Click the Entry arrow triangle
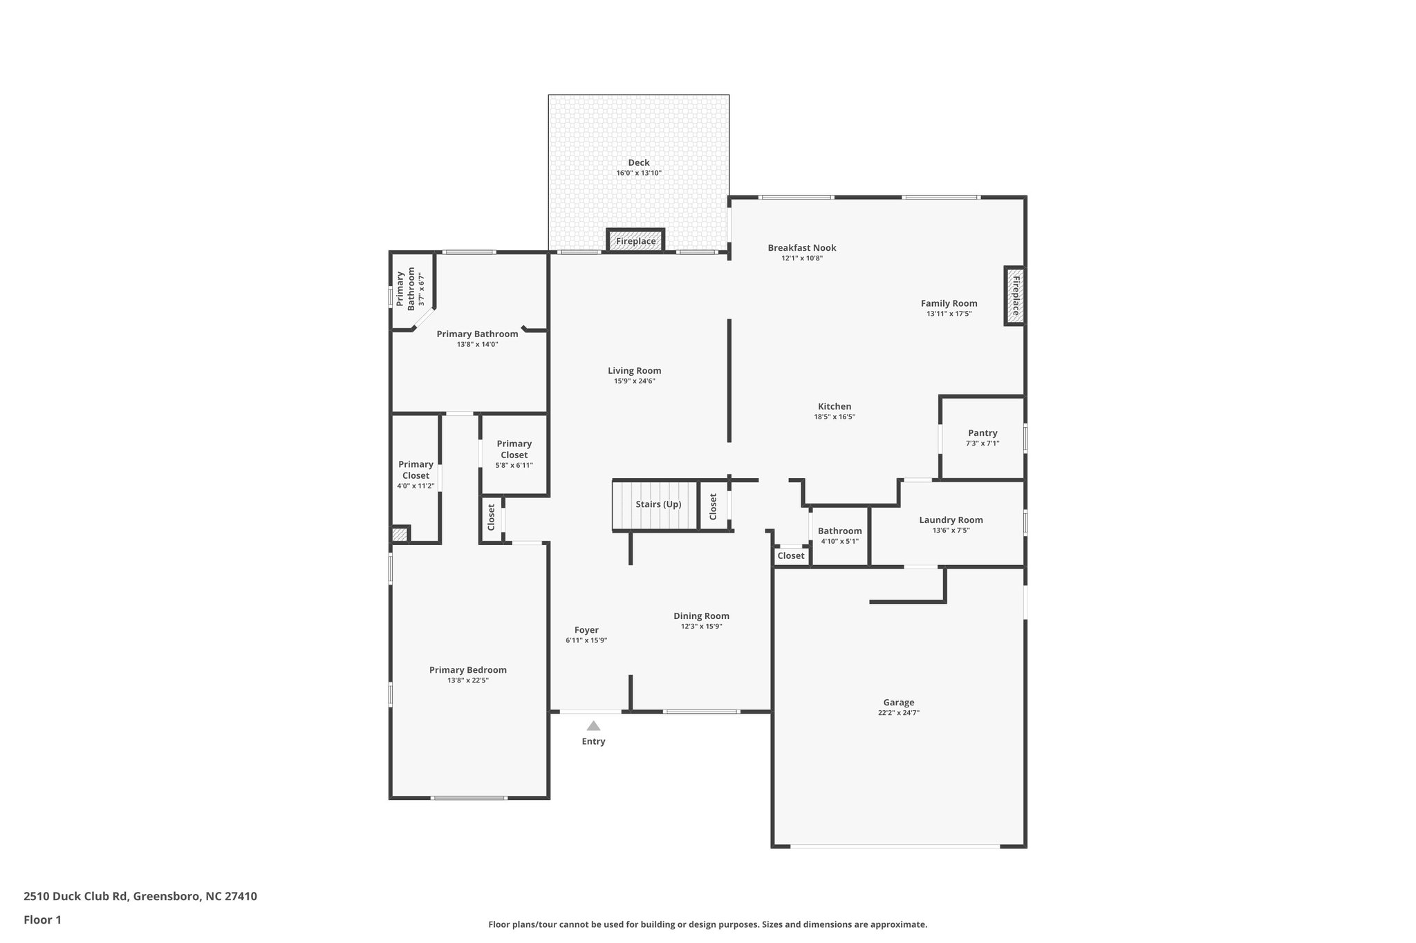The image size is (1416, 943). click(593, 725)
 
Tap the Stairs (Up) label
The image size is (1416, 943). click(658, 504)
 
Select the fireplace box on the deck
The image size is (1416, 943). click(635, 241)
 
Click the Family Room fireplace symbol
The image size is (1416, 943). click(1014, 296)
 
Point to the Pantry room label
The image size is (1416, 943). click(982, 433)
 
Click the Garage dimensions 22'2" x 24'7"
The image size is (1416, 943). click(898, 713)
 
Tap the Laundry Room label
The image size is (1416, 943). click(951, 520)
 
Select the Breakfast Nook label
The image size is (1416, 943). click(802, 248)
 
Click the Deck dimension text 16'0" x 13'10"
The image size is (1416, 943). click(638, 173)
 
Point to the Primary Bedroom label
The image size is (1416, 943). click(467, 670)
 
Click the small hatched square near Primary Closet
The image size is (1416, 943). click(400, 535)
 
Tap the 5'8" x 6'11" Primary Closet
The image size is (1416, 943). click(514, 455)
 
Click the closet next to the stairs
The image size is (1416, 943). click(714, 506)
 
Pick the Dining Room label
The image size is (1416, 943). click(701, 616)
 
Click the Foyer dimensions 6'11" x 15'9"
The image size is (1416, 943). click(586, 640)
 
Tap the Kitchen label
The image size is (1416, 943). click(835, 407)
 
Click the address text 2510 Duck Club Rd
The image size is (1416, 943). click(76, 897)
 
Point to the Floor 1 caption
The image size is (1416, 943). click(42, 920)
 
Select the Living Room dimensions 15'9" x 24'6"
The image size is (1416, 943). click(634, 381)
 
